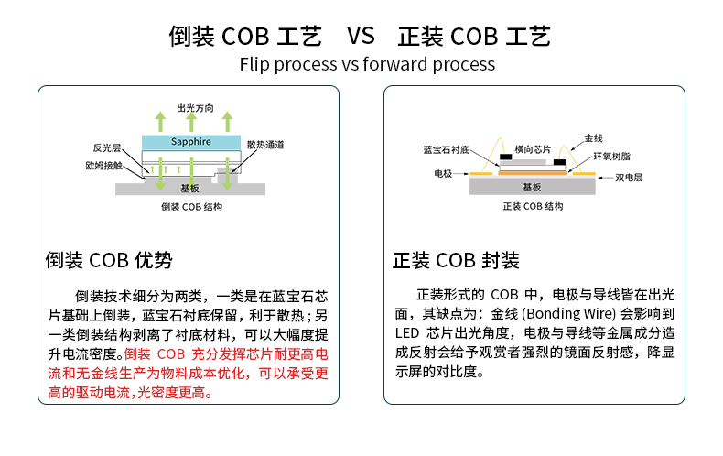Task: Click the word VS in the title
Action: [361, 37]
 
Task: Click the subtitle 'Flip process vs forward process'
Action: [367, 64]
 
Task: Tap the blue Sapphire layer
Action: [191, 142]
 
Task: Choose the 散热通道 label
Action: [265, 145]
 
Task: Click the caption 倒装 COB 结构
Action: [191, 208]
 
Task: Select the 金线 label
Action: [593, 137]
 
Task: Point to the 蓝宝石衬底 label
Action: [446, 148]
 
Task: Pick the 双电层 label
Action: [629, 178]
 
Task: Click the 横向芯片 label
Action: [533, 148]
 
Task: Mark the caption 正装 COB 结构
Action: [534, 207]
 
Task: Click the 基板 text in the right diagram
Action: [532, 187]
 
